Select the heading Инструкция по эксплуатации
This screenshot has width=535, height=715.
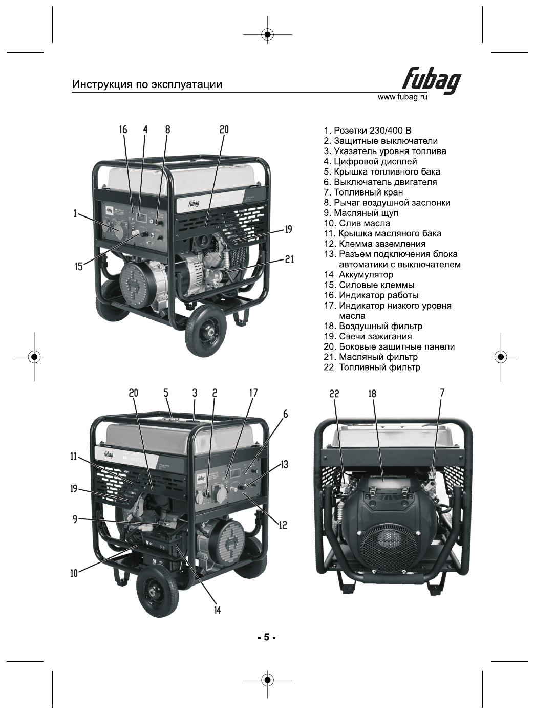[x=147, y=84]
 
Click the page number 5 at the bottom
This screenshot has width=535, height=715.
[x=266, y=638]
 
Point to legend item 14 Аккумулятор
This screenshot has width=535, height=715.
[x=358, y=275]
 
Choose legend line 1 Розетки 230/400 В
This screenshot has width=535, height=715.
[x=367, y=131]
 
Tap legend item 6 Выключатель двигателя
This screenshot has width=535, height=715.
[x=380, y=182]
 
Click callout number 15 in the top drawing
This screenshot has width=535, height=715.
[x=79, y=266]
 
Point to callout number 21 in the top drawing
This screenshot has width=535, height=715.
[x=290, y=259]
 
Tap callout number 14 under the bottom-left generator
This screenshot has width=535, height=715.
[x=218, y=610]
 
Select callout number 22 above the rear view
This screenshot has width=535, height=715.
[x=334, y=394]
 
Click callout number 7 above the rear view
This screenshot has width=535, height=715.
[x=442, y=393]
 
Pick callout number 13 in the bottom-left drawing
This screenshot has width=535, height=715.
[x=285, y=464]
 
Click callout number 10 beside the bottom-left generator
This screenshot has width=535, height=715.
[x=74, y=573]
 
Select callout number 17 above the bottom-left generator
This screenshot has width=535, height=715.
[x=253, y=393]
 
